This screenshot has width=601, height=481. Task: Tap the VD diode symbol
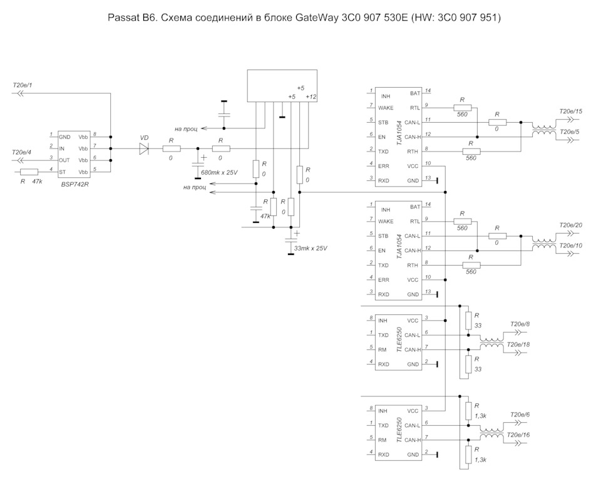[x=145, y=148]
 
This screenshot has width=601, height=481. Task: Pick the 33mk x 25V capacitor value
[x=311, y=248]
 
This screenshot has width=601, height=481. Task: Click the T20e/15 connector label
[x=570, y=111]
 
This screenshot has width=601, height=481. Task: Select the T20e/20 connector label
[x=570, y=225]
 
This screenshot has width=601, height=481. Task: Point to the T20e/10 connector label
[x=570, y=246]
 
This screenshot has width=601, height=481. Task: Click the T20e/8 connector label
[x=520, y=324]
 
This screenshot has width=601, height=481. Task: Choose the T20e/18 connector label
[x=519, y=344]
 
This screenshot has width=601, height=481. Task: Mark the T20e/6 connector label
[x=520, y=415]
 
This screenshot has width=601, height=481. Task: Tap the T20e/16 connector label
[x=519, y=435]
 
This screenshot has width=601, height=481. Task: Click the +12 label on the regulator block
[x=311, y=96]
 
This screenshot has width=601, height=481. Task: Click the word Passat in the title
[x=126, y=18]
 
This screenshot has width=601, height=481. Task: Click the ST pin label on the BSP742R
[x=62, y=172]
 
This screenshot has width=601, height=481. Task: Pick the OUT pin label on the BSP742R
[x=64, y=160]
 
